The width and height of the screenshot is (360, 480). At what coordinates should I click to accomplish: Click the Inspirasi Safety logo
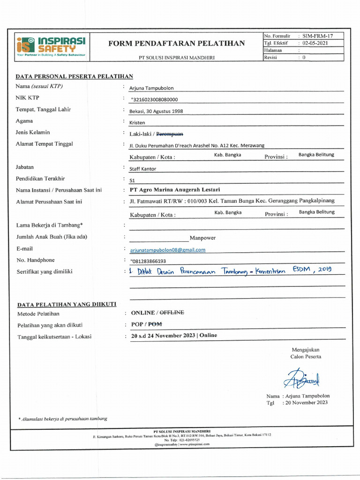(51, 46)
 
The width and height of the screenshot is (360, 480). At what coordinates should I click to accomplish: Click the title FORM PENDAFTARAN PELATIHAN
(176, 44)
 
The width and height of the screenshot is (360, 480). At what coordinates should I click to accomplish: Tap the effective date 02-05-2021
(315, 43)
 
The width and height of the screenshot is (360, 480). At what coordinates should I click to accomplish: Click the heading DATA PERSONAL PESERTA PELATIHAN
(75, 76)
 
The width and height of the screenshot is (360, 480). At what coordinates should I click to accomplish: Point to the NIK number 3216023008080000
(154, 99)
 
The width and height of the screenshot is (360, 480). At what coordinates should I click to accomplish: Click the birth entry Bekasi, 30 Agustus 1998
(156, 112)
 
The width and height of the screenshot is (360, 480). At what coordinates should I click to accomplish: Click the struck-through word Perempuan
(169, 134)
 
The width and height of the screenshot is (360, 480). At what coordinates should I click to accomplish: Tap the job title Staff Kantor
(142, 169)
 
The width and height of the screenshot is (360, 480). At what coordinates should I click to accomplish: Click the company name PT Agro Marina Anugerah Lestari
(174, 190)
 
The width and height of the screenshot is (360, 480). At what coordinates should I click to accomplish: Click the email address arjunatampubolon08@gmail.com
(167, 250)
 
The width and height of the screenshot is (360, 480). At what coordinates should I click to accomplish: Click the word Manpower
(202, 238)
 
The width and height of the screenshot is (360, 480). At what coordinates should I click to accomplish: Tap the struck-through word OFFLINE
(172, 312)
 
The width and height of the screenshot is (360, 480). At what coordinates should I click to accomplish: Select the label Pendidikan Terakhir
(41, 179)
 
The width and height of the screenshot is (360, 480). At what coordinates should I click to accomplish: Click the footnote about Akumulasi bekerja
(63, 419)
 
